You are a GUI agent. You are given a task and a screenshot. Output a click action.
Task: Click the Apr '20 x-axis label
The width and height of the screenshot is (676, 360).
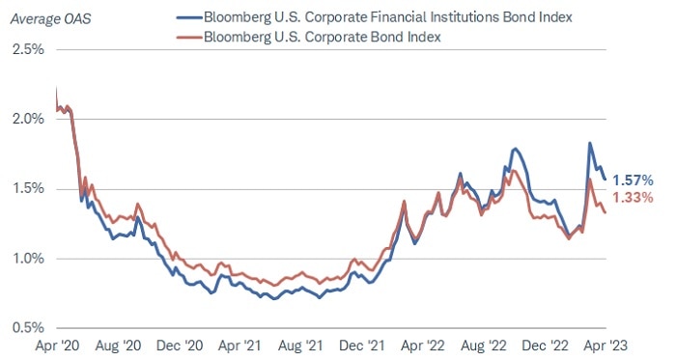(x=58, y=344)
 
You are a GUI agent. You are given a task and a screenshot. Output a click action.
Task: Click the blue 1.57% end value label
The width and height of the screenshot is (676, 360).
(x=633, y=180)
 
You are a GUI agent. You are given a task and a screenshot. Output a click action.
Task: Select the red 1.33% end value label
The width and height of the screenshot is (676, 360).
(x=633, y=198)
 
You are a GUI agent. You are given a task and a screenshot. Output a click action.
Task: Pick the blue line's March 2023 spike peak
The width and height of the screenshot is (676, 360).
(x=590, y=143)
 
